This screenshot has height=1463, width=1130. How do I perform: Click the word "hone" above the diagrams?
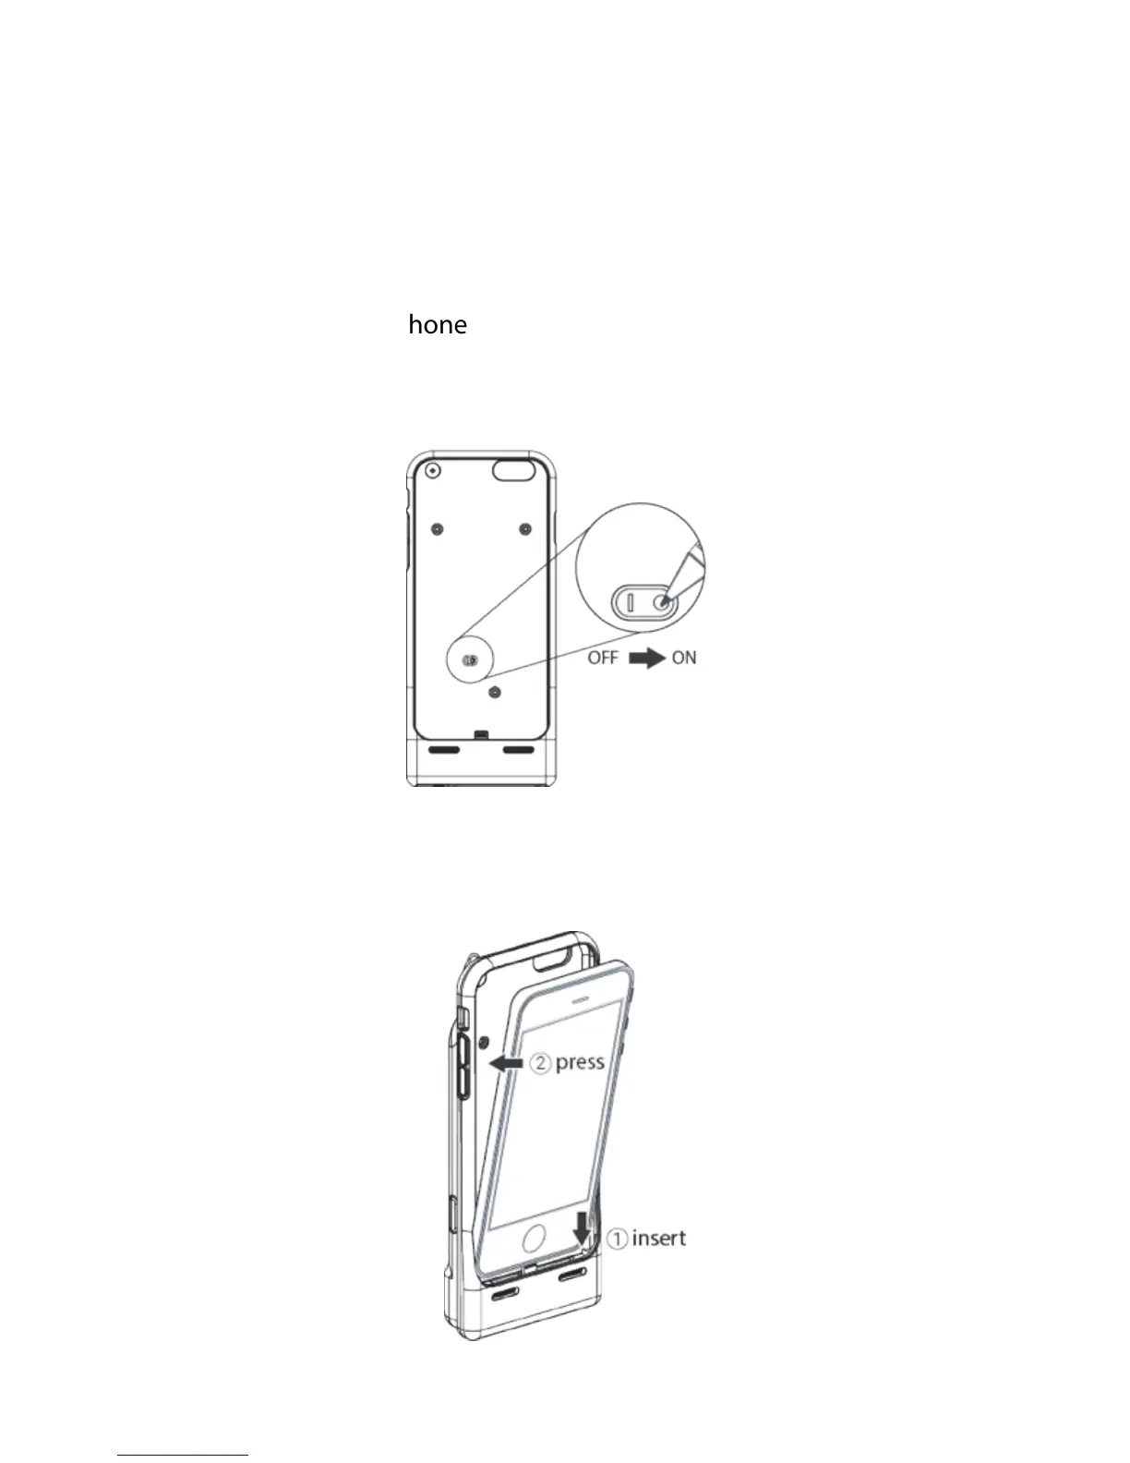coord(438,324)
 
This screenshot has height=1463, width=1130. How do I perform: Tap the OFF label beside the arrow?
coord(603,658)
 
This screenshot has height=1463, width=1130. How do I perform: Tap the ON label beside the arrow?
coord(684,658)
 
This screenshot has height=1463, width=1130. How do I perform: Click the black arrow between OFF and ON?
coord(646,658)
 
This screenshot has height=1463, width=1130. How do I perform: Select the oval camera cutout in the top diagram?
coord(514,470)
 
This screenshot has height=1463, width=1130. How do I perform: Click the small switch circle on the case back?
coord(471,661)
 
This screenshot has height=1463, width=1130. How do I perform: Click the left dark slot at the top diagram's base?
coord(444,749)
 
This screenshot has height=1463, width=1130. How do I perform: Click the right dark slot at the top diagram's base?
coord(519,749)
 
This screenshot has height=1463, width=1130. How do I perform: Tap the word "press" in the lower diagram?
coord(580,1062)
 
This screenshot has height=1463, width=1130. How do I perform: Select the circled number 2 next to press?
coord(540,1063)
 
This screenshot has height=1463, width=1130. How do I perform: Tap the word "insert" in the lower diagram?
coord(659,1238)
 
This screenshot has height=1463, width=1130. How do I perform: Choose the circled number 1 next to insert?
coord(619,1239)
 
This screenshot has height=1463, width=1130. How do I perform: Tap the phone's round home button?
coord(536,1239)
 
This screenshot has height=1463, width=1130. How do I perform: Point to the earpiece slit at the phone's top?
coord(577,1000)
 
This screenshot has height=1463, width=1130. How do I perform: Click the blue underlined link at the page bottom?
coord(183,1455)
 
